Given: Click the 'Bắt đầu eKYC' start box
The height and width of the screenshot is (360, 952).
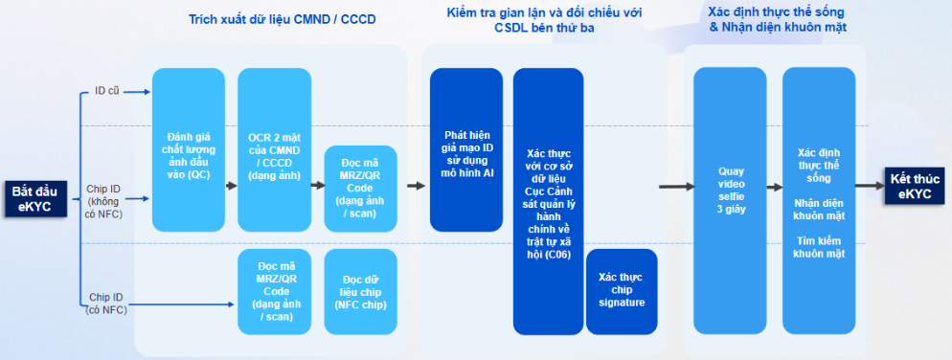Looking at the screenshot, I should (x=32, y=198).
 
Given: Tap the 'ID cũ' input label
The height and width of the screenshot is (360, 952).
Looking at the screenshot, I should (x=107, y=92).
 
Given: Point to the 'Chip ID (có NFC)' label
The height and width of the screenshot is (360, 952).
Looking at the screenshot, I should (x=107, y=303).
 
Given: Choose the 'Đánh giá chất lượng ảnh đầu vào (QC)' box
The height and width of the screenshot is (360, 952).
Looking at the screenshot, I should (x=187, y=149).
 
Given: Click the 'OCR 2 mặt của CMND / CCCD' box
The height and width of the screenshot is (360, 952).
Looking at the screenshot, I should (x=272, y=149).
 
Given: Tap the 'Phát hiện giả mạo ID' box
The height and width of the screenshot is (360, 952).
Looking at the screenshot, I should (x=466, y=149).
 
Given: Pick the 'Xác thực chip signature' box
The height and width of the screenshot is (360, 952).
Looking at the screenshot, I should (x=621, y=290).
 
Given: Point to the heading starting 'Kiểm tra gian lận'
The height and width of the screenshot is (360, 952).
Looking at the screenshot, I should (x=545, y=19).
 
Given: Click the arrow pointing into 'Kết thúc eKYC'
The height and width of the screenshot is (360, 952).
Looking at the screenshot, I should (x=870, y=186).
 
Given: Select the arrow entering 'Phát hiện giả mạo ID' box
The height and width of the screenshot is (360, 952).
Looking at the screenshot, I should (x=416, y=186).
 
